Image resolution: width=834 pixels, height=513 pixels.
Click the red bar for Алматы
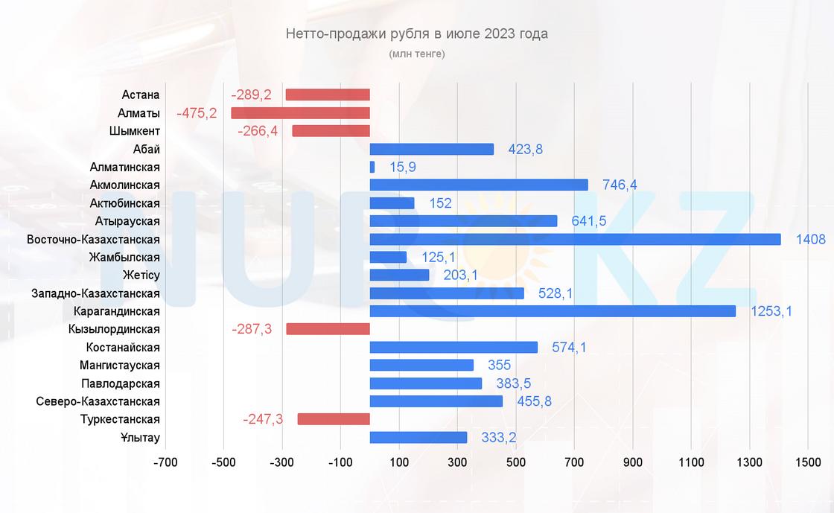(x=300, y=113)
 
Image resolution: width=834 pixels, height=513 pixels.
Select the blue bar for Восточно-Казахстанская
(x=575, y=239)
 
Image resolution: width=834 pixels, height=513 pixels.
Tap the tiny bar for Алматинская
(x=372, y=168)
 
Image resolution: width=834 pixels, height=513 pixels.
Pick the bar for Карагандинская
(x=553, y=311)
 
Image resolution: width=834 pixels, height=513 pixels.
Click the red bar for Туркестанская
(x=334, y=419)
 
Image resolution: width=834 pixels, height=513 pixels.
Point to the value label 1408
(x=810, y=239)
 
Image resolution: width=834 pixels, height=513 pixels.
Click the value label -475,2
(x=197, y=113)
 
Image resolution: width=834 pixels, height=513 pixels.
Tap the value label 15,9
(x=402, y=168)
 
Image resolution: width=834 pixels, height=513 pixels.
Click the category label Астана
(x=141, y=95)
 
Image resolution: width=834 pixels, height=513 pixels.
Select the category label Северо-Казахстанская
(x=98, y=401)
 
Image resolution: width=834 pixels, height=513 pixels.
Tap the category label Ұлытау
(x=141, y=437)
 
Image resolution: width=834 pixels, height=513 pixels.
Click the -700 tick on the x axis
(x=165, y=462)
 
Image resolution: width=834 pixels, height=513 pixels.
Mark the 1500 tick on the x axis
(x=808, y=462)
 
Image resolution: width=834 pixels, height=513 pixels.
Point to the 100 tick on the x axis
(x=399, y=462)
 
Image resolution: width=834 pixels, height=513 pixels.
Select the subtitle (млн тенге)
(x=416, y=54)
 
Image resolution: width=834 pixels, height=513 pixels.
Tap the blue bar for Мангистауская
(x=421, y=365)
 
